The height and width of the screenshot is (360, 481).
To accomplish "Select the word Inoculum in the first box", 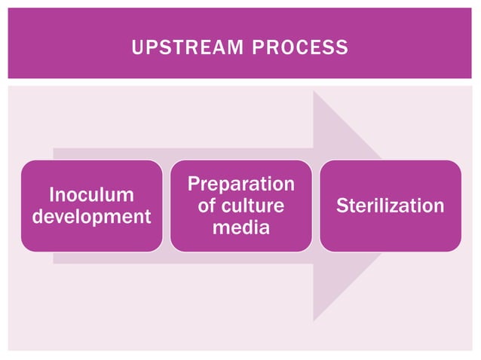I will pyautogui.click(x=91, y=196).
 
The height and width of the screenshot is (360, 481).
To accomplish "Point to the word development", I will pyautogui.click(x=91, y=217).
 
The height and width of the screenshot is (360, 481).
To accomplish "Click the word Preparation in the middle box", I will pyautogui.click(x=240, y=185).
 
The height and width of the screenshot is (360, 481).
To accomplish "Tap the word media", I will pyautogui.click(x=240, y=227).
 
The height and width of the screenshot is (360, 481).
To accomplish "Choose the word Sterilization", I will pyautogui.click(x=390, y=206).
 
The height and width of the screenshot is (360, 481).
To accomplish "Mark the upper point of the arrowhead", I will pyautogui.click(x=314, y=92).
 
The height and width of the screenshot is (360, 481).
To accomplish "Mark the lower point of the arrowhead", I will pyautogui.click(x=314, y=320).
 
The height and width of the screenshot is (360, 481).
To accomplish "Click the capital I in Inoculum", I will pyautogui.click(x=51, y=196).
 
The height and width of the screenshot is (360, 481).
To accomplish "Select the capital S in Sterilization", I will pyautogui.click(x=342, y=206).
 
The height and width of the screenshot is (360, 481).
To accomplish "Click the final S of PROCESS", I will pyautogui.click(x=343, y=48).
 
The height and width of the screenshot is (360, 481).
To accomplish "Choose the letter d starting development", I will pyautogui.click(x=36, y=217).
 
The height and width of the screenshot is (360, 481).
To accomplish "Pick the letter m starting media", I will pyautogui.click(x=219, y=227).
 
